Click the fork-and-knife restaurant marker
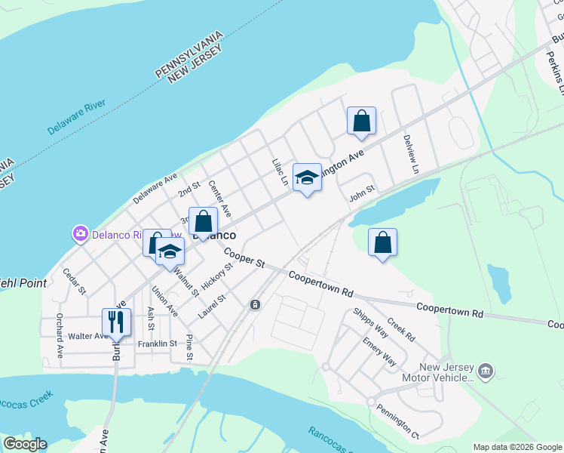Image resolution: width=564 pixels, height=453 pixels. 116,322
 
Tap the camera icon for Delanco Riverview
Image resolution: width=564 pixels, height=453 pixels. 81,234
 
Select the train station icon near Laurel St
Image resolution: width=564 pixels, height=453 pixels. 256,304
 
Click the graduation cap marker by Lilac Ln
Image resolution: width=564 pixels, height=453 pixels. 307,177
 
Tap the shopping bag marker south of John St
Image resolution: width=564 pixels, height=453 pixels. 383,243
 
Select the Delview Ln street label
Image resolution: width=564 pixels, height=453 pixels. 411,154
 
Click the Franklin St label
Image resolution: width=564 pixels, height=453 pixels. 157,344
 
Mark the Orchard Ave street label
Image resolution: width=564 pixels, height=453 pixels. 60,336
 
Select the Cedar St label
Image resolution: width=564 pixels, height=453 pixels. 75,281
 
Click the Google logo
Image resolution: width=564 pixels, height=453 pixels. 25,444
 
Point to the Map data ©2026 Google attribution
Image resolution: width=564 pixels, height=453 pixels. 516,447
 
